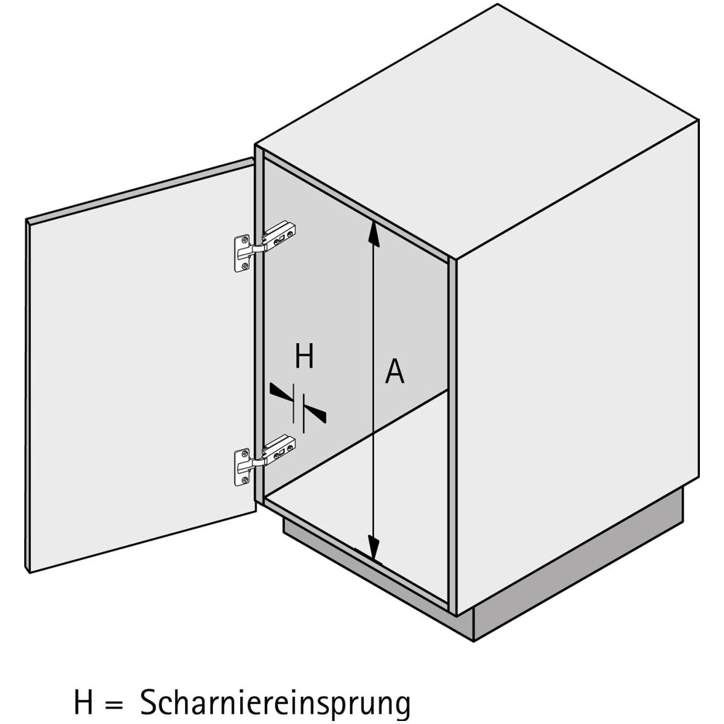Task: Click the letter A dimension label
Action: pyautogui.click(x=395, y=371)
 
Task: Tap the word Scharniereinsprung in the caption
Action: pyautogui.click(x=275, y=691)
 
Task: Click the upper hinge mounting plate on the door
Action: pyautogui.click(x=241, y=253)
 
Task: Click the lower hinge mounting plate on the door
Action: pyautogui.click(x=241, y=467)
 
